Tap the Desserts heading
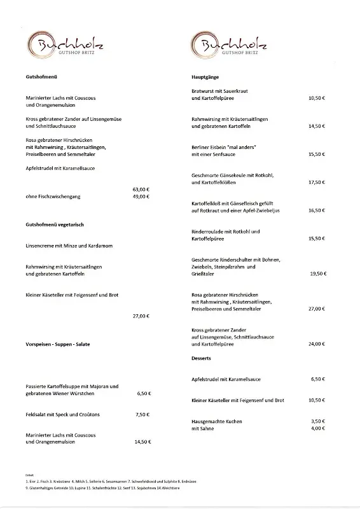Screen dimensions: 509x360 (x=201, y=359)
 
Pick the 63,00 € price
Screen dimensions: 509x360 (x=141, y=190)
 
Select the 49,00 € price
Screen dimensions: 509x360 (x=141, y=197)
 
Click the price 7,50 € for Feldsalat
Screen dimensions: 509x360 (x=142, y=414)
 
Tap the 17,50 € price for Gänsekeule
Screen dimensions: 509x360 (x=317, y=183)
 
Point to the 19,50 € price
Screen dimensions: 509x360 (x=317, y=274)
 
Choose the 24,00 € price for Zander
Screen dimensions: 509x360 (x=317, y=344)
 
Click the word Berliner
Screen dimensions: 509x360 (x=202, y=147)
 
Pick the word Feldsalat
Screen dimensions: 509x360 (x=37, y=414)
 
